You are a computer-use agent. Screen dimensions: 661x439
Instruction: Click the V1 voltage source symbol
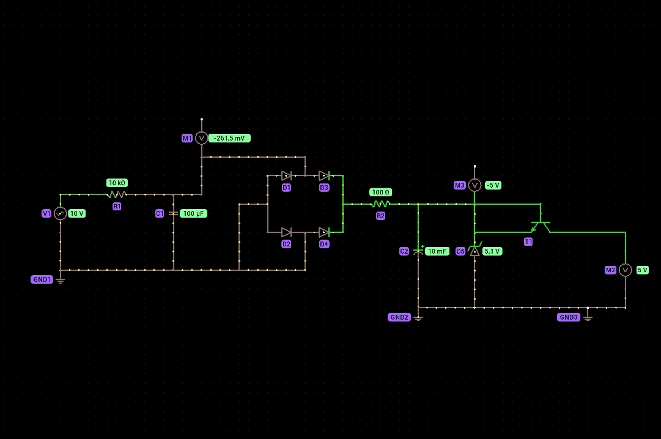pos(61,213)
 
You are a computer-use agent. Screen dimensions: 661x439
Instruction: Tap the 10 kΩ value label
pos(117,183)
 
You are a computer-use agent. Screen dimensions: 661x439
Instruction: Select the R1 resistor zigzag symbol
pos(117,194)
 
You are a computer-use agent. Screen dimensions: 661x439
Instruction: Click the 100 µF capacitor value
pos(193,213)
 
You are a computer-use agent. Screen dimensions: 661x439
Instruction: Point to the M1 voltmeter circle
pos(202,138)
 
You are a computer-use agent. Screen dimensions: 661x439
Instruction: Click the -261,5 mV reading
pos(229,138)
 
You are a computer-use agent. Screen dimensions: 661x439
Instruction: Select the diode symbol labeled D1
pos(286,175)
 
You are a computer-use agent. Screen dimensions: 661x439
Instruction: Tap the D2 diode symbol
pos(286,232)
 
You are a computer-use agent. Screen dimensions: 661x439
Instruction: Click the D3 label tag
pos(323,188)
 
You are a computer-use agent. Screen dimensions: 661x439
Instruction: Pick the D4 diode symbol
pos(323,232)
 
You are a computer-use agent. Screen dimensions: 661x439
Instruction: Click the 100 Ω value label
pos(381,193)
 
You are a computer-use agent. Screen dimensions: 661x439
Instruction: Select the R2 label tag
pos(381,216)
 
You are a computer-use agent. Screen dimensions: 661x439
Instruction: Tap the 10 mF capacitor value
pos(437,251)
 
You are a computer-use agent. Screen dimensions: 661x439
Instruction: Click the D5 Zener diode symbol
pos(475,251)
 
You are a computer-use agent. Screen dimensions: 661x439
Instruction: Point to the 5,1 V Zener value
pos(492,251)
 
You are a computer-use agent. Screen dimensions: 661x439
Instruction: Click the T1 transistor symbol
pos(541,226)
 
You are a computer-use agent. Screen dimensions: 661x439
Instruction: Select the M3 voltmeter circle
pos(475,185)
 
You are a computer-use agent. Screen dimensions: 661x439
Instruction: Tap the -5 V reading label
pos(493,185)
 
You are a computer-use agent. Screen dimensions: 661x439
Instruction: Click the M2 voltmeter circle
pos(625,270)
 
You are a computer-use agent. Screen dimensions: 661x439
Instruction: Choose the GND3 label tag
pos(569,317)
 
